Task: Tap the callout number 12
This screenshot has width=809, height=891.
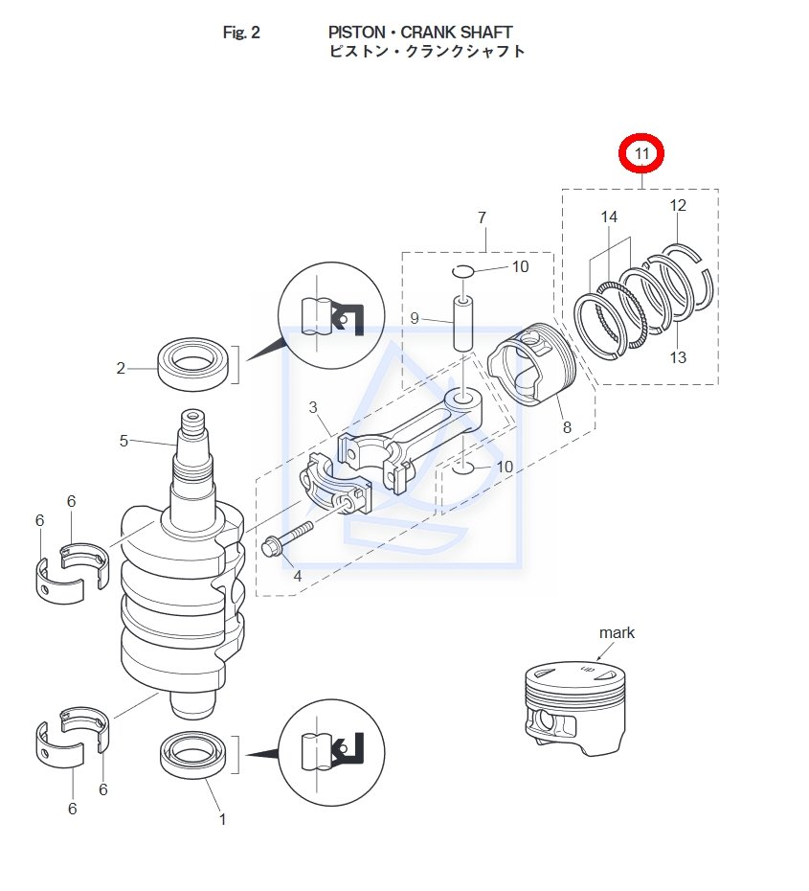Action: point(678,206)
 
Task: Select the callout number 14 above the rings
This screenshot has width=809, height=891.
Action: point(609,217)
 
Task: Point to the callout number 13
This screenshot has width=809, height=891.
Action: point(678,357)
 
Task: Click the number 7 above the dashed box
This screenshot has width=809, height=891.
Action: point(482,218)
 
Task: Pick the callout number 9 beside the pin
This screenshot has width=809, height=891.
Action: point(415,318)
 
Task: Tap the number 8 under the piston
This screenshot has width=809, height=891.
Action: point(567,427)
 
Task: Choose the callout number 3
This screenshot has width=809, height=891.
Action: point(313,408)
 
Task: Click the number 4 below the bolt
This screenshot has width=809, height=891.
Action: point(297,576)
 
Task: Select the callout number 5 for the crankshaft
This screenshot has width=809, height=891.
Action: point(124,442)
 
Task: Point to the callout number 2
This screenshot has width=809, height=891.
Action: point(121,368)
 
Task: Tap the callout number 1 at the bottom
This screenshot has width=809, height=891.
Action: point(223,819)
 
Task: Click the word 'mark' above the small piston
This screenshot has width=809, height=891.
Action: point(617,632)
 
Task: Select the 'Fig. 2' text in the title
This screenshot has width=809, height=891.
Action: point(241,33)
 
